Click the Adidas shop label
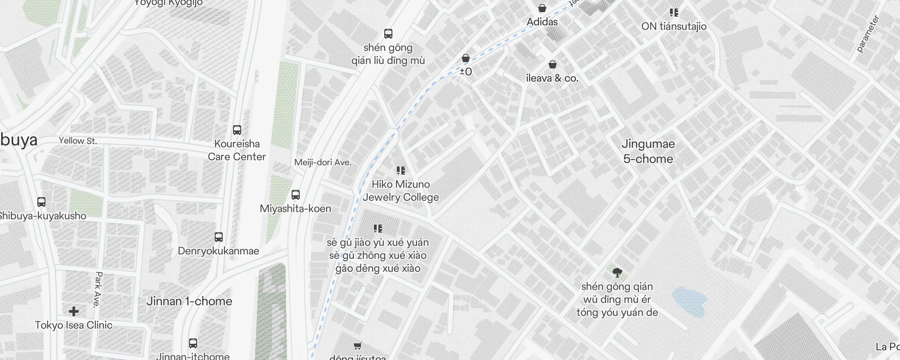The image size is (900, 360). pyautogui.click(x=542, y=22)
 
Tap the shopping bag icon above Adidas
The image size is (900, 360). pyautogui.click(x=542, y=8)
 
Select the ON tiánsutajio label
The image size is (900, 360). pyautogui.click(x=674, y=26)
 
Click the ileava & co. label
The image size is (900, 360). pyautogui.click(x=552, y=78)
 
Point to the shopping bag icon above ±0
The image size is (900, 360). pyautogui.click(x=466, y=58)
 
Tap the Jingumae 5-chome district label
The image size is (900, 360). pyautogui.click(x=648, y=151)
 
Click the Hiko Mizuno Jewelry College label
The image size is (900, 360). pyautogui.click(x=400, y=191)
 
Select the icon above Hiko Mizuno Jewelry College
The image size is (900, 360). pyautogui.click(x=400, y=171)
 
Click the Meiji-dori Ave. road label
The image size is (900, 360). pyautogui.click(x=323, y=162)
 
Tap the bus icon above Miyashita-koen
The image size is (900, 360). pyautogui.click(x=295, y=195)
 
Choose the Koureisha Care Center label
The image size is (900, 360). pyautogui.click(x=237, y=150)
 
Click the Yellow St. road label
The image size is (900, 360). pyautogui.click(x=77, y=141)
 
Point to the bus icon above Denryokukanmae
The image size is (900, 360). pyautogui.click(x=219, y=237)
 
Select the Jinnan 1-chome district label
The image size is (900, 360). pyautogui.click(x=189, y=301)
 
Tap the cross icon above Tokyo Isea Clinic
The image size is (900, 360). pyautogui.click(x=74, y=311)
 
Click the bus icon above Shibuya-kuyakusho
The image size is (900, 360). pyautogui.click(x=41, y=202)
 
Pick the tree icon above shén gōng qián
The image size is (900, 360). pyautogui.click(x=617, y=272)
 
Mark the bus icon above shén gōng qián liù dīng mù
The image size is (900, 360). pyautogui.click(x=388, y=34)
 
